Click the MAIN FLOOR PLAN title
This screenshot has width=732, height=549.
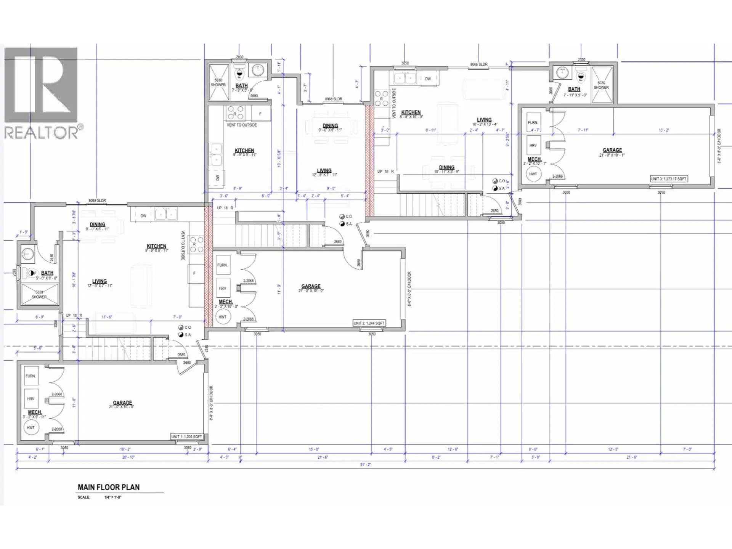click(109, 487)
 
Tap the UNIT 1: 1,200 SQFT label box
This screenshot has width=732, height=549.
click(186, 437)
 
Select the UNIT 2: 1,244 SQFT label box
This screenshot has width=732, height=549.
click(369, 323)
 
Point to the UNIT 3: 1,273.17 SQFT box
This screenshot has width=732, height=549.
click(669, 179)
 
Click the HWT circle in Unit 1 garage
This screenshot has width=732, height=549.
click(30, 428)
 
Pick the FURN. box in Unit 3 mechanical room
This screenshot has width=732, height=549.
click(533, 123)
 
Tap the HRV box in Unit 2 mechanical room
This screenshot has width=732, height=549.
click(223, 289)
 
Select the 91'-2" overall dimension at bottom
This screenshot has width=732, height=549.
click(365, 465)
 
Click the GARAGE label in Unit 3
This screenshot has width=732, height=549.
click(612, 150)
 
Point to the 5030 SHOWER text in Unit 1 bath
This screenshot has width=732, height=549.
click(39, 294)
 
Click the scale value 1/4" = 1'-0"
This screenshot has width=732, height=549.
click(113, 498)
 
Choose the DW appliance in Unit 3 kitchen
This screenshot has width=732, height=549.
click(428, 79)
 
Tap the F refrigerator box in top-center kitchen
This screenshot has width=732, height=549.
click(261, 114)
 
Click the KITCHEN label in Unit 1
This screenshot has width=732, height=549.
click(156, 246)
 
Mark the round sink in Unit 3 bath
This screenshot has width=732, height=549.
click(562, 72)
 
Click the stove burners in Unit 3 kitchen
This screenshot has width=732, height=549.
click(381, 98)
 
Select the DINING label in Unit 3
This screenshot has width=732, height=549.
click(446, 167)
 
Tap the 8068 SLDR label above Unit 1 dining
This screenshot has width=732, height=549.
click(97, 201)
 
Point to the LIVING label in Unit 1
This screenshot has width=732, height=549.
click(99, 281)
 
